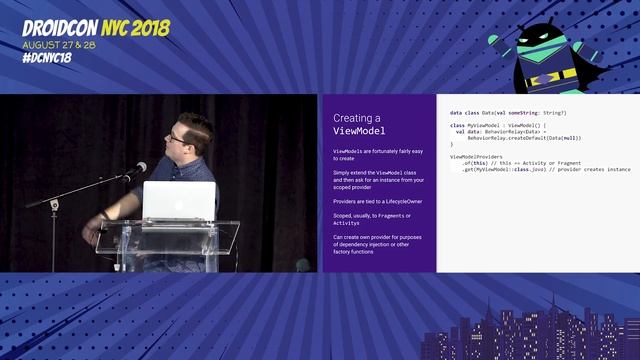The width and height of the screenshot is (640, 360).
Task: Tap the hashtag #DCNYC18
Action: tap(46, 57)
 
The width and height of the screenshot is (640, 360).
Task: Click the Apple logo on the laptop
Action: tap(179, 201)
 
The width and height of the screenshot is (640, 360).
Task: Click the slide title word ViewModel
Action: tap(359, 131)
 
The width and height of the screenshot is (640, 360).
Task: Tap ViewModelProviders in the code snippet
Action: tap(476, 157)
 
